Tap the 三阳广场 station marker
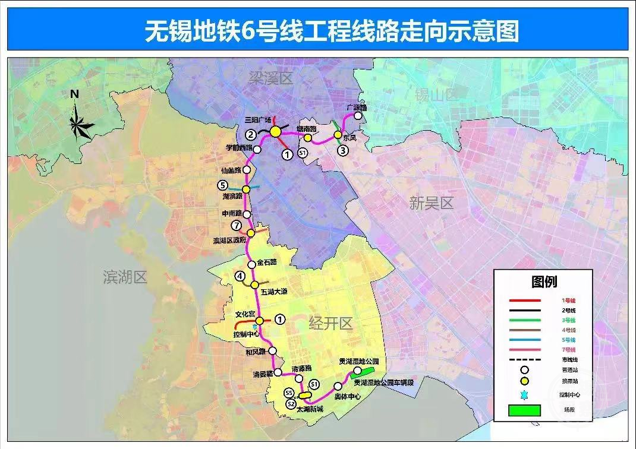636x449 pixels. tap(275, 132)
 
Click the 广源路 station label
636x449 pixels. tap(357, 107)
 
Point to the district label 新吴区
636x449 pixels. tap(432, 203)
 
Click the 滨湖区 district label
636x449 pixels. tap(125, 277)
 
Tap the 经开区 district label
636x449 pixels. tap(331, 323)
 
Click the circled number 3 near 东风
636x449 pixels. tap(343, 150)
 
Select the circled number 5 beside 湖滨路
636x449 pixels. tap(223, 185)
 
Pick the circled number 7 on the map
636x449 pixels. tap(237, 225)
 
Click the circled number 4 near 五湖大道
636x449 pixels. tap(240, 276)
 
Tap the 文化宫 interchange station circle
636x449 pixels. tap(260, 321)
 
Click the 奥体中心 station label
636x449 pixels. tap(348, 397)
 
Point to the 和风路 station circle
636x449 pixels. tap(273, 350)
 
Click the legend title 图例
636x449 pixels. tap(544, 282)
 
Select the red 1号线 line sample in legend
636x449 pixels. tap(525, 301)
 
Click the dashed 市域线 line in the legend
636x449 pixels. tap(525, 359)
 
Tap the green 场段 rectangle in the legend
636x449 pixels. tap(525, 410)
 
